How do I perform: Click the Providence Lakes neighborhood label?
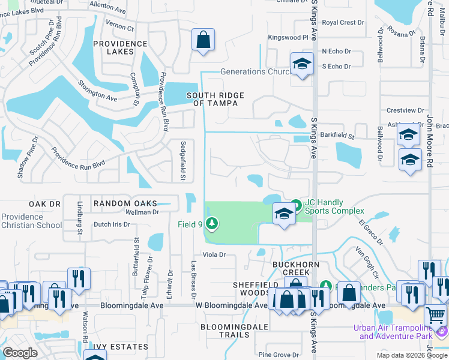tap(121, 47)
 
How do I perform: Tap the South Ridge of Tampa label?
tap(215, 99)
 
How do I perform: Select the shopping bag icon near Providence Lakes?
tap(203, 41)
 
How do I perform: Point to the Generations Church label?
tap(255, 71)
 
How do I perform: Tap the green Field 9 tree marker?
tap(211, 224)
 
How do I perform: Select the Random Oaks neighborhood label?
tap(125, 203)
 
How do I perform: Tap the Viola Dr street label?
tap(213, 254)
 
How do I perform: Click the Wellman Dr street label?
tap(142, 212)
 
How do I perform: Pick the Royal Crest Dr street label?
tap(343, 22)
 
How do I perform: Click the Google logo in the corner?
tap(20, 353)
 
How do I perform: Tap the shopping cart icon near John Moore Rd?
tap(435, 314)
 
